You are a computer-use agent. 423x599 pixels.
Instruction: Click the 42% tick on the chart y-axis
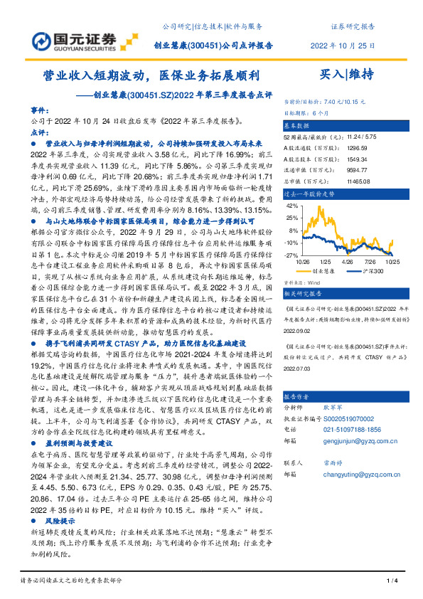pyautogui.click(x=291, y=205)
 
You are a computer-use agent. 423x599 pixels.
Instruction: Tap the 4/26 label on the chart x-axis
pyautogui.click(x=348, y=261)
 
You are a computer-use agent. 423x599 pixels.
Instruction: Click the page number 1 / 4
pyautogui.click(x=390, y=582)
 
